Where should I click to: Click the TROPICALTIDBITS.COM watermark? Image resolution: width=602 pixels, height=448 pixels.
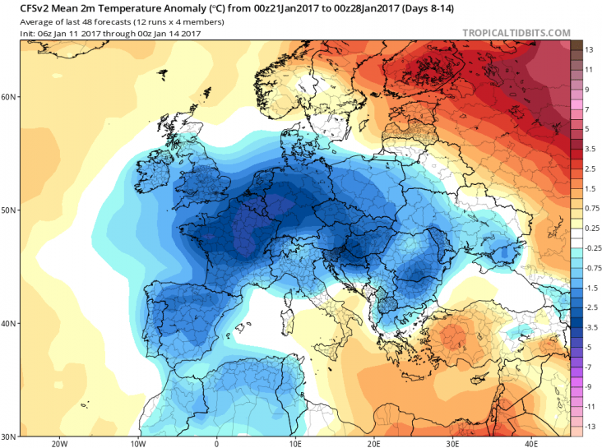(516, 33)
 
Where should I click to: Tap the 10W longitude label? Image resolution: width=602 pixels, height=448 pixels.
(137, 442)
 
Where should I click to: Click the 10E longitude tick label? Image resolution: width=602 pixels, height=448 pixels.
(294, 442)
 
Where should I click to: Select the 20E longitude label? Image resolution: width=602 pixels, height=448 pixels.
(373, 442)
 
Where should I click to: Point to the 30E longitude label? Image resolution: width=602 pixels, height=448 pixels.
(451, 442)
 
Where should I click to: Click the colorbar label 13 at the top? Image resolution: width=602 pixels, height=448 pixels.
(590, 50)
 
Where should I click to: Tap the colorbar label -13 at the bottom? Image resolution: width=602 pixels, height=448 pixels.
(590, 427)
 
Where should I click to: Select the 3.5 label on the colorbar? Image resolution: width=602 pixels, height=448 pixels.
(590, 149)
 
